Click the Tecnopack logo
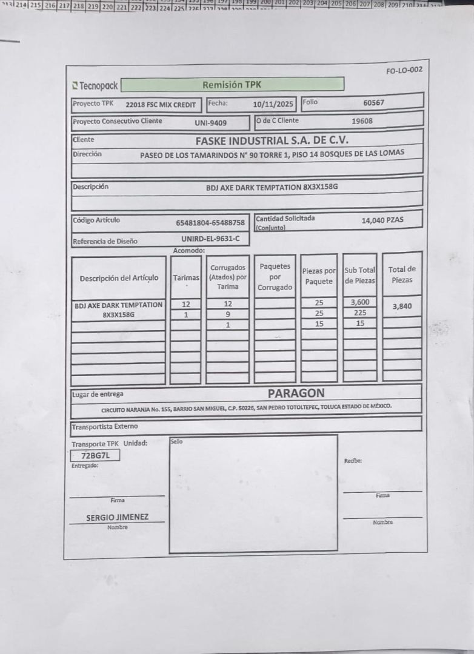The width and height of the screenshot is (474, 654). point(95,86)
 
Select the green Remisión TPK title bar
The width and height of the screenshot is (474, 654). point(232,85)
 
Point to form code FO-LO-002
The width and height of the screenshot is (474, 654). point(404,70)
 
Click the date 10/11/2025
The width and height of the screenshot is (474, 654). point(273,104)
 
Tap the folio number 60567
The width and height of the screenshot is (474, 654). point(373,103)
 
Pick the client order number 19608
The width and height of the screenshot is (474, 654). point(362,121)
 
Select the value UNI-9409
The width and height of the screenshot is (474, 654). point(211,123)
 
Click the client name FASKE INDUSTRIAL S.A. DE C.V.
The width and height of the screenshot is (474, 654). point(272,140)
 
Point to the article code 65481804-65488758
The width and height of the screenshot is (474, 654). point(210,222)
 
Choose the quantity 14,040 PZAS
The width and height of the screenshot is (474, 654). point(382,220)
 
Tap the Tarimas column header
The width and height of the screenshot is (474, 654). point(186,277)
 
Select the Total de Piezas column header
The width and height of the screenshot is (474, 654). point(402,274)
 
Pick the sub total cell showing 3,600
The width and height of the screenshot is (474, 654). point(360,302)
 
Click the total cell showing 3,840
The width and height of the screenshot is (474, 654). point(402,306)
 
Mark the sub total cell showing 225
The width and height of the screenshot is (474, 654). point(360,313)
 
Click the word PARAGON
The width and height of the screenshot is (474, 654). point(296,393)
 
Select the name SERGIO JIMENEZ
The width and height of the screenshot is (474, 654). point(117,517)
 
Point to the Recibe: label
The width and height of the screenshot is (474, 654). point(353,461)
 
